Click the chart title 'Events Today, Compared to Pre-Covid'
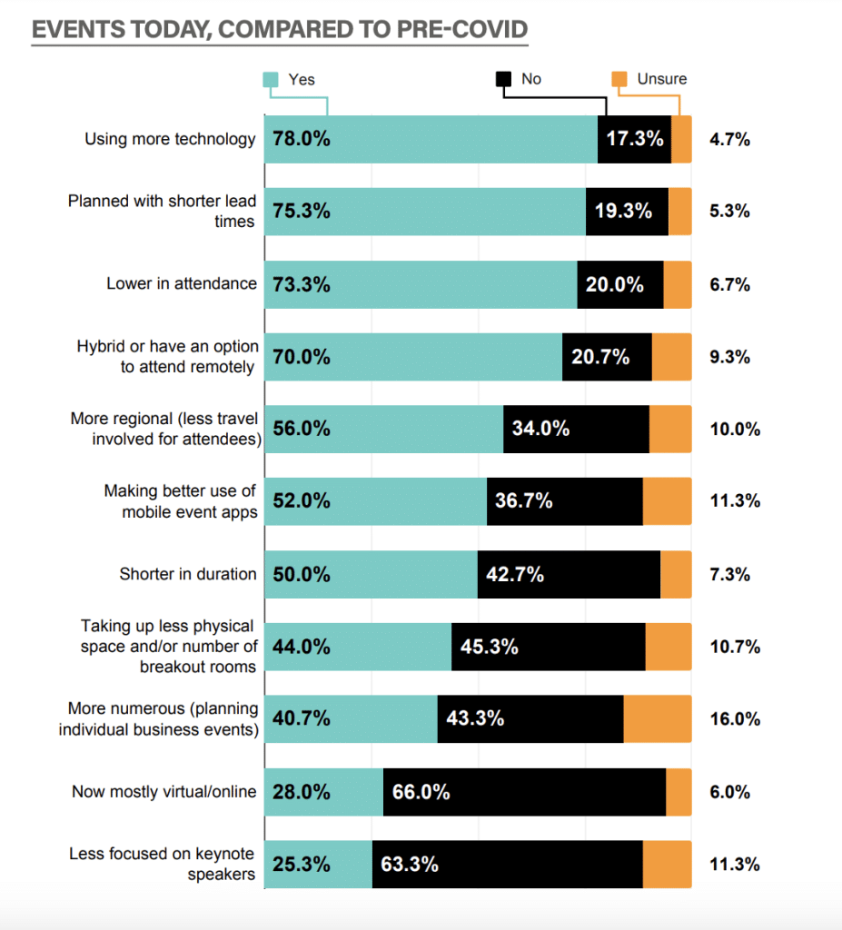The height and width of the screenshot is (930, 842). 279,29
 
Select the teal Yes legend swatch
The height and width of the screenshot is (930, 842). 271,80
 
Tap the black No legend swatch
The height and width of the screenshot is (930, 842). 503,80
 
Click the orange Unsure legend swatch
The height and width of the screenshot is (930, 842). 619,80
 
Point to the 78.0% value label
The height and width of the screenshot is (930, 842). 302,140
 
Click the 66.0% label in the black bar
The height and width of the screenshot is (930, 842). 421,792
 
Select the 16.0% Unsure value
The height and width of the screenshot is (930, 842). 734,719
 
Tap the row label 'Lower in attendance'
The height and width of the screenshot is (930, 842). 182,283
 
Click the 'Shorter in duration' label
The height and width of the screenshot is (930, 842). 188,574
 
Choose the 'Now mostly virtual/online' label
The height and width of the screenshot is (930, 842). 164,792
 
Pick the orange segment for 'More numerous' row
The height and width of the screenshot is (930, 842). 658,719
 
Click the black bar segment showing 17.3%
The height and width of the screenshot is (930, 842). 634,140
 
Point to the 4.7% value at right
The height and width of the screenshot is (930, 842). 729,140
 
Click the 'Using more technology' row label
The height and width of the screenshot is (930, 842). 171,140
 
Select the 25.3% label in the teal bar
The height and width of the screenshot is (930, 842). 302,865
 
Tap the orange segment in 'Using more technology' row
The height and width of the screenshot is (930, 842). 681,140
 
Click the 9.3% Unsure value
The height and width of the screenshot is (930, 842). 729,357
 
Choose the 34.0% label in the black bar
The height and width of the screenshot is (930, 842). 541,429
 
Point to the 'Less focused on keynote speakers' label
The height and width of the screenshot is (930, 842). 162,864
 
